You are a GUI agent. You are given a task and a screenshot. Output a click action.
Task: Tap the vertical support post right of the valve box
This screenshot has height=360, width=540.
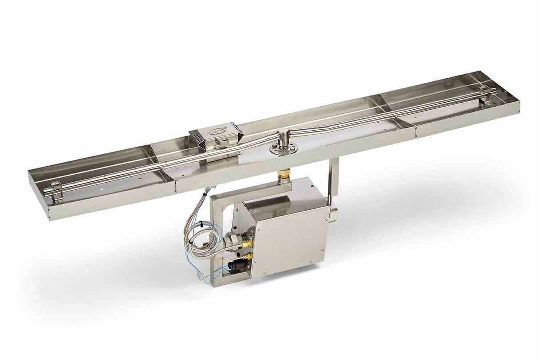[x=334, y=178]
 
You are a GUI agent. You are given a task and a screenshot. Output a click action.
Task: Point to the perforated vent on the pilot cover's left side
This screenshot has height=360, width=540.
[x=195, y=137]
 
